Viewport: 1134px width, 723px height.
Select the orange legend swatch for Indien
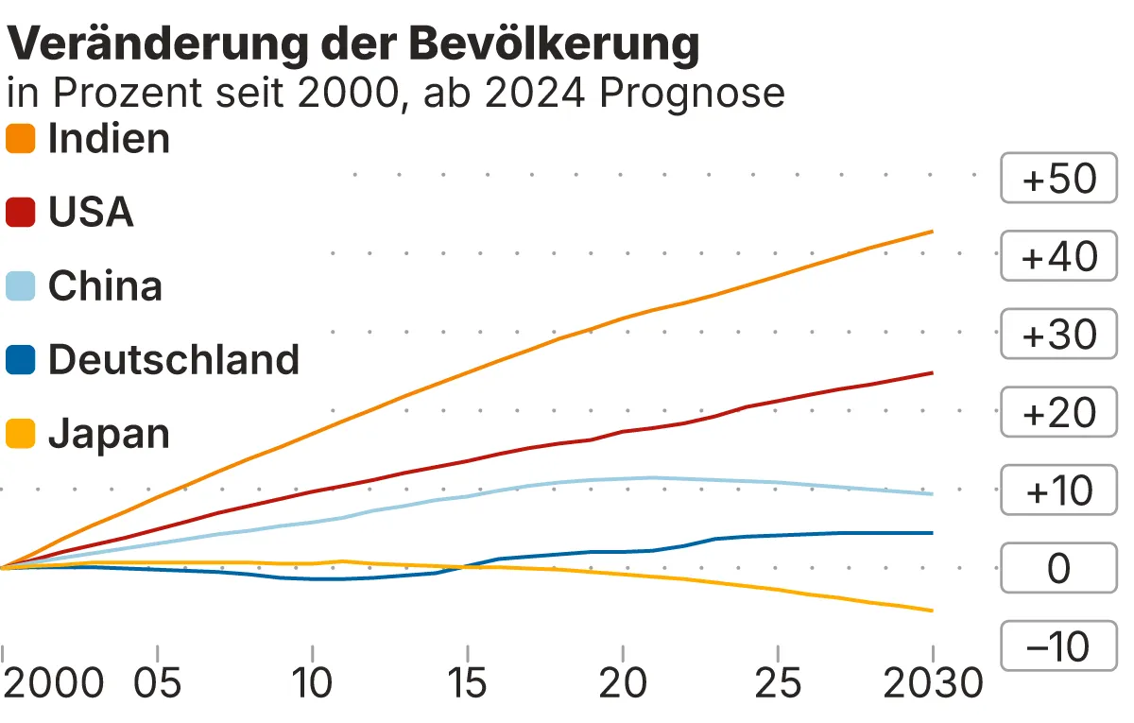[x=21, y=140]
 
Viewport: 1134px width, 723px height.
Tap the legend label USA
[x=91, y=213]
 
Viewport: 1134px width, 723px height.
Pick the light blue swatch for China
[x=21, y=286]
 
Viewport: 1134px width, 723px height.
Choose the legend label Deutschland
[x=173, y=360]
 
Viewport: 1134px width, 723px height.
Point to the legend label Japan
[x=109, y=434]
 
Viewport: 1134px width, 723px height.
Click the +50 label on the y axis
[x=1059, y=179]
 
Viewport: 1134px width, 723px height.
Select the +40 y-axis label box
[x=1059, y=257]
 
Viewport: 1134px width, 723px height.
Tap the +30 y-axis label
[x=1059, y=335]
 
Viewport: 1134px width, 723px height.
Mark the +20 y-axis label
[x=1059, y=413]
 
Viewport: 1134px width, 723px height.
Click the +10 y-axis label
[x=1059, y=491]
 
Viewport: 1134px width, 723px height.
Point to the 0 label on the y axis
[x=1059, y=569]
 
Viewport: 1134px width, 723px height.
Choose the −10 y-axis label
[x=1059, y=647]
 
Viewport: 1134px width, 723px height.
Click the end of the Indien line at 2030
[x=933, y=232]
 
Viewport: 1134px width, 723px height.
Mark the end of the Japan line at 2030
[x=933, y=611]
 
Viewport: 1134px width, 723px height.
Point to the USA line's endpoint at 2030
[x=933, y=373]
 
